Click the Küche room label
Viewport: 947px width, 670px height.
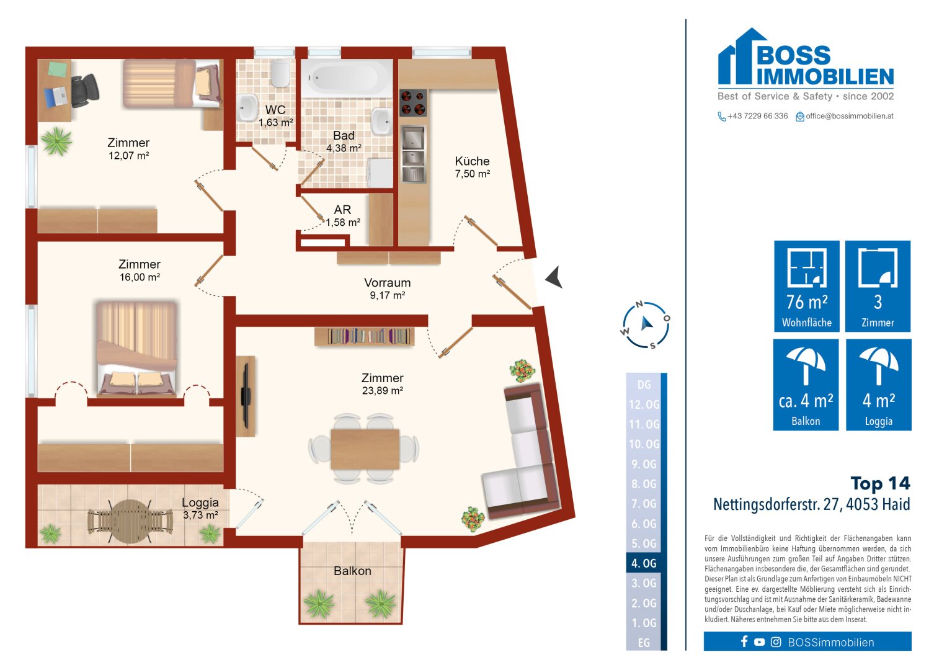pos(472,161)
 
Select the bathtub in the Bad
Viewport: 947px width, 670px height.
pos(346,78)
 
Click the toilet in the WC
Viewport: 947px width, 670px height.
pos(280,73)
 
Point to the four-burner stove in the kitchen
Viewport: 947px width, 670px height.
pos(413,103)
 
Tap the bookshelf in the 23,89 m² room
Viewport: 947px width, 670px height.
pos(364,336)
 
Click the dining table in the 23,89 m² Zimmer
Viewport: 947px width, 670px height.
pos(364,449)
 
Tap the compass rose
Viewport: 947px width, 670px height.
pos(646,324)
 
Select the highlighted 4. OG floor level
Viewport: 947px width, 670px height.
pos(644,563)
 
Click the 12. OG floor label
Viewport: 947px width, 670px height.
pos(644,404)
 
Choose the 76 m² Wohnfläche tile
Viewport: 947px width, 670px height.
pos(806,286)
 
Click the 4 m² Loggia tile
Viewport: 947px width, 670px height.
pos(878,385)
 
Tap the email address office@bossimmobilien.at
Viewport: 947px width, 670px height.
pos(849,116)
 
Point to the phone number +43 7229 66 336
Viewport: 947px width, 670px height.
pos(757,116)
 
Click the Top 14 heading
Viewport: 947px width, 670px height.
pos(880,483)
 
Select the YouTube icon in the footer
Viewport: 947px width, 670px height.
pos(759,642)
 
